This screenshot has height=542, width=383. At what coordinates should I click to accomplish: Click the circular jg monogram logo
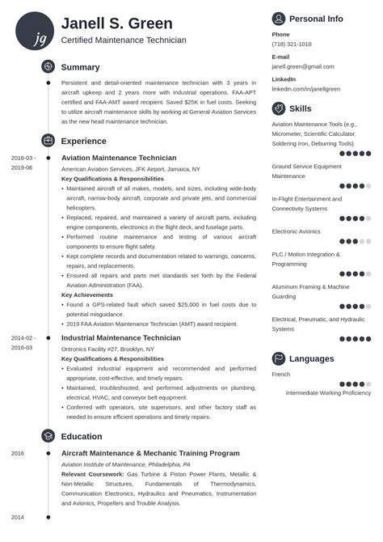34,31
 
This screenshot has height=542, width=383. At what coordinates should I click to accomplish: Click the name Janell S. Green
116,23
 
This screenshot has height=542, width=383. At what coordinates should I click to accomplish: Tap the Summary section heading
80,68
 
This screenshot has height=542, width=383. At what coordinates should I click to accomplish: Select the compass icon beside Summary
48,67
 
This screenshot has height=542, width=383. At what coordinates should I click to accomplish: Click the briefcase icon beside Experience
48,140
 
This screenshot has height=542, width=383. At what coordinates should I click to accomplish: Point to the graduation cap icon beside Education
48,436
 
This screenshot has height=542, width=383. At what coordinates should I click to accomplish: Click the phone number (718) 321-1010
292,44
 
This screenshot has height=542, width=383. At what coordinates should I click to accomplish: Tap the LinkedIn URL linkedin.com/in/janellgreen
305,88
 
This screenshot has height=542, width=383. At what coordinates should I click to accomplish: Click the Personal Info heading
316,19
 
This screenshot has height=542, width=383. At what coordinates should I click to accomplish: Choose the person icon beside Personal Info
279,19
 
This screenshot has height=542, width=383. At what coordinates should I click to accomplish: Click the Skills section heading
300,108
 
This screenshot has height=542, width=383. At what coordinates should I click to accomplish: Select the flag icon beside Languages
279,358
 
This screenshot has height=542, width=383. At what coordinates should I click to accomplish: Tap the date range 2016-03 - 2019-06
23,163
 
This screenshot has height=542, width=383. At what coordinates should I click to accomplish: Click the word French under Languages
280,375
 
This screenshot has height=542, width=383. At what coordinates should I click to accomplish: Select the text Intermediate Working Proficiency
328,393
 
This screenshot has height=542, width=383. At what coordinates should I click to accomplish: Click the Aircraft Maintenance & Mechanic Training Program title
150,453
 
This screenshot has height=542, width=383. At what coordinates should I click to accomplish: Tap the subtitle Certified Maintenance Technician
124,40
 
